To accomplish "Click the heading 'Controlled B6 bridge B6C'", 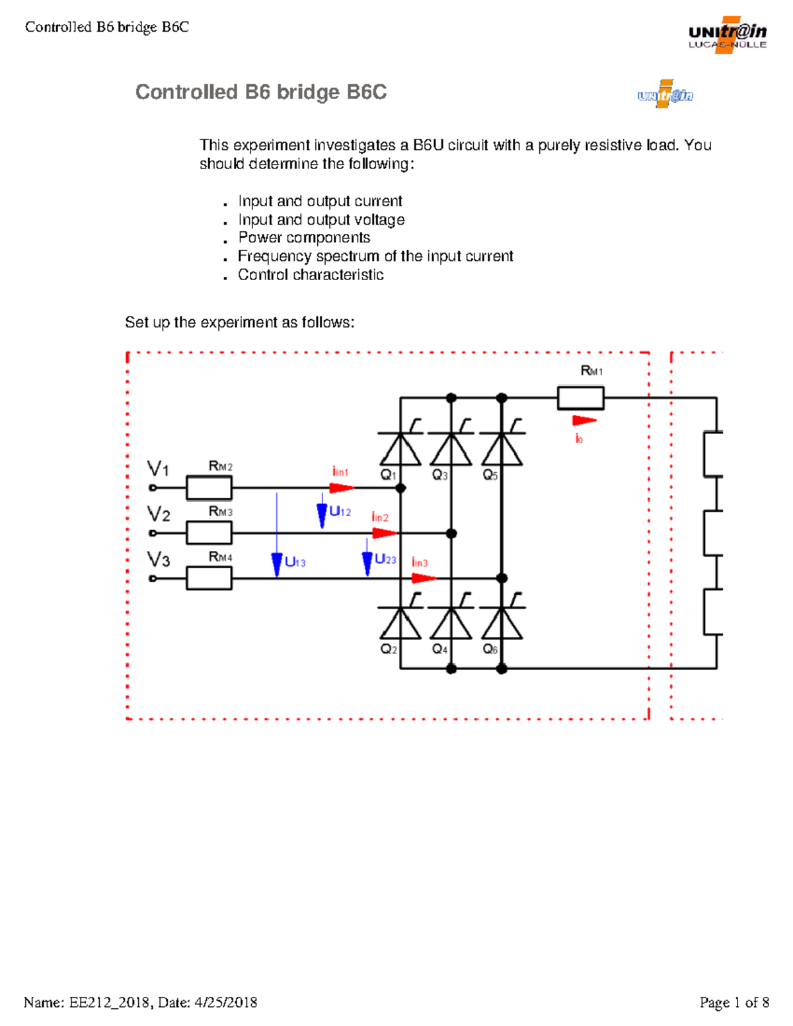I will tap(260, 92).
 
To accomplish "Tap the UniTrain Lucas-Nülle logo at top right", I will tap(727, 35).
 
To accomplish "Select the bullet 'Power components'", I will tap(304, 238).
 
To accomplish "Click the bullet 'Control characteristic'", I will tap(311, 275).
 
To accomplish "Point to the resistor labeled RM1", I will tap(580, 398).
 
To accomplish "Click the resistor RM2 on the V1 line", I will tap(209, 488).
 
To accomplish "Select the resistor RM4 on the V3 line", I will tap(209, 578).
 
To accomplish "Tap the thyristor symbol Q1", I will tap(400, 449).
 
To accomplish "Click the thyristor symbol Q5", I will tap(502, 449).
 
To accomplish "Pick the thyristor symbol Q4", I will tap(451, 623).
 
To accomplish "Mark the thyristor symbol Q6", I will tap(502, 623).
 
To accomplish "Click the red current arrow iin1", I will tap(341, 488).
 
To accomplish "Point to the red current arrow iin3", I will tap(424, 578).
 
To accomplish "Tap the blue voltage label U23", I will tap(385, 560).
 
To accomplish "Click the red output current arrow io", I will tap(584, 420).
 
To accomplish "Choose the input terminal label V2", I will tap(159, 514).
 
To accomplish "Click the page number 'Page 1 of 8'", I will tap(734, 1003).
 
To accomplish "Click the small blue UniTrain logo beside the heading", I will tap(665, 95).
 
